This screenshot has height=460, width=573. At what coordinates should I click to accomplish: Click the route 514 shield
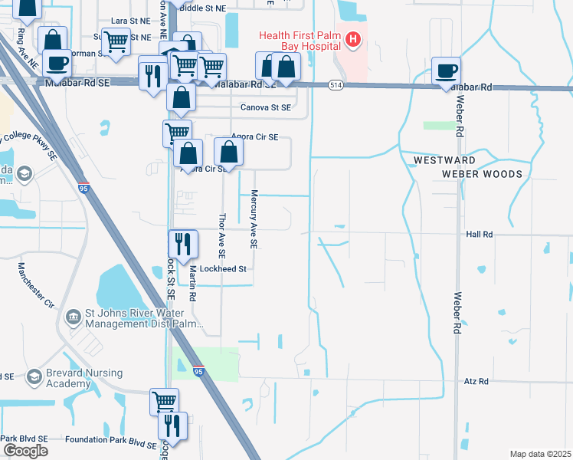336,84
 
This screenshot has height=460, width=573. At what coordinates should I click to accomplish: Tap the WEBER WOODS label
482,174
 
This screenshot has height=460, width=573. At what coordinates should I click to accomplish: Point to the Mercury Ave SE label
254,219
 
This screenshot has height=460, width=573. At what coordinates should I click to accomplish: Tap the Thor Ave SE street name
221,235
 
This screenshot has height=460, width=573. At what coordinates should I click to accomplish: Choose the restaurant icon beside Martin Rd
181,245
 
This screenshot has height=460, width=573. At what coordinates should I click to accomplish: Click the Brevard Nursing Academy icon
34,376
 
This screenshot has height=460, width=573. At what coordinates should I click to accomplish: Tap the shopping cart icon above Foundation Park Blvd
164,401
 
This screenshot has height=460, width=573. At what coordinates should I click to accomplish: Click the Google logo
25,451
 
